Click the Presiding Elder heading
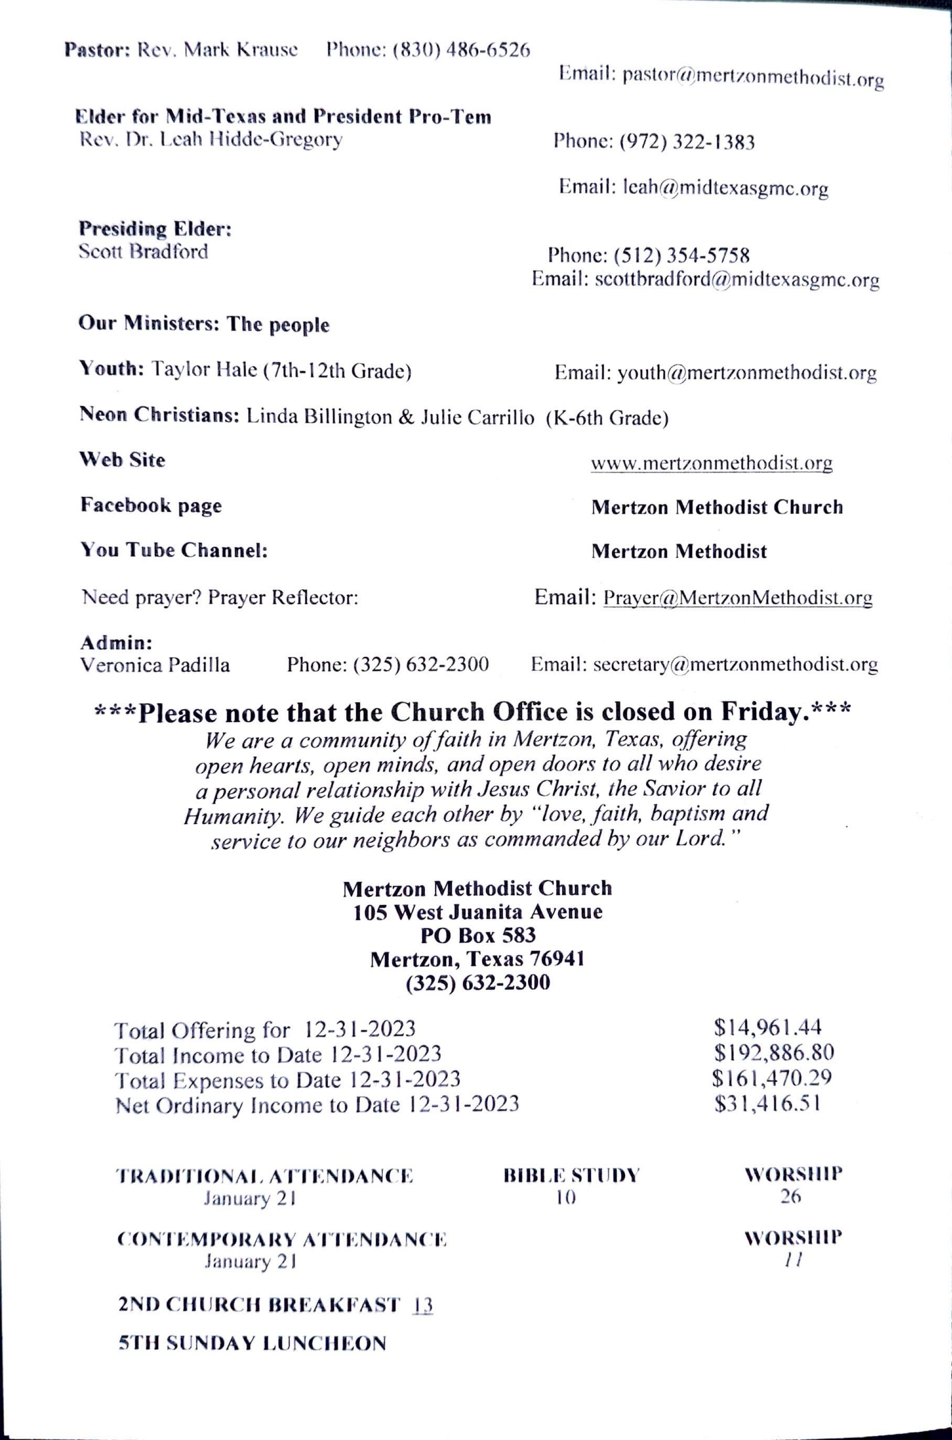tap(155, 229)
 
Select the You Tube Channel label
tap(174, 550)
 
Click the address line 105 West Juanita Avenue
tap(478, 912)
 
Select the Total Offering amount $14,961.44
tap(767, 1028)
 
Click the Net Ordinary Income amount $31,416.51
tap(767, 1103)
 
